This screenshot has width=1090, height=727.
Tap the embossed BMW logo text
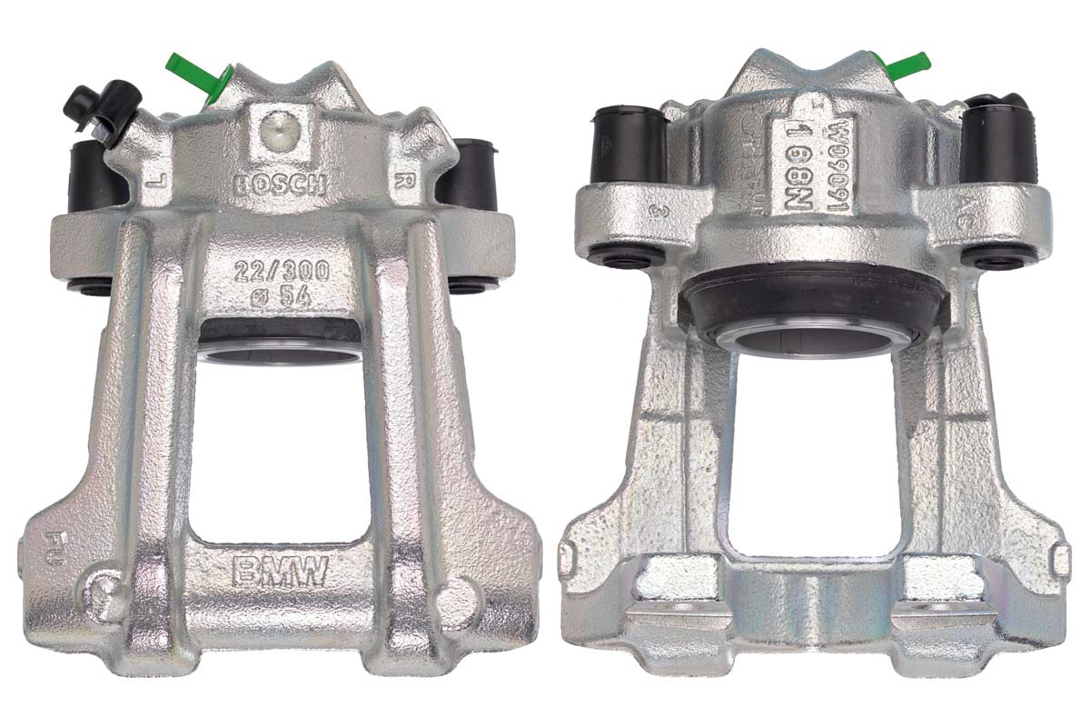click(x=279, y=572)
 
